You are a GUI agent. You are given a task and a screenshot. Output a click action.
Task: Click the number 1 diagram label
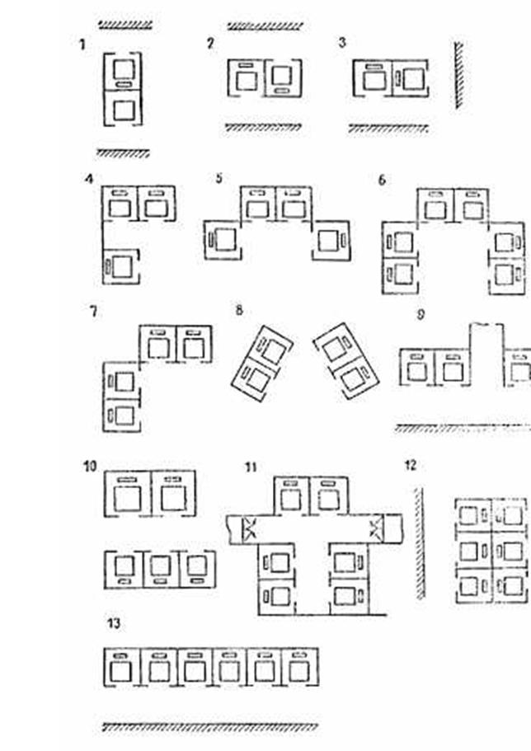pos(82,45)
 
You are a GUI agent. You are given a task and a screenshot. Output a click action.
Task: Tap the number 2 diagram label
pos(210,43)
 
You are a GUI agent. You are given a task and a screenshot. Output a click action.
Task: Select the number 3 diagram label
pos(342,43)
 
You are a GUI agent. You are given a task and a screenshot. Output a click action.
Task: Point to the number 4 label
pos(88,178)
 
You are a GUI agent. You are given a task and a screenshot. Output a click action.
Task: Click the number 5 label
pos(219,178)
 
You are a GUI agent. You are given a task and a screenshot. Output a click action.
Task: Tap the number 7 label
pos(93,312)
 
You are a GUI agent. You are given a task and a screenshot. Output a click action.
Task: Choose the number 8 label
pos(239,311)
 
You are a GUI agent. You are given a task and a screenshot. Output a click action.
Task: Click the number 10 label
pos(90,467)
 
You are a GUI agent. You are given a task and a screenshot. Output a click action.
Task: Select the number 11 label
pos(251,467)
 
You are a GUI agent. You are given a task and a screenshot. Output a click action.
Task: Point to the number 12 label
pos(410,466)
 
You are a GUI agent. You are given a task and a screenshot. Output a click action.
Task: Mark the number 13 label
pos(114,623)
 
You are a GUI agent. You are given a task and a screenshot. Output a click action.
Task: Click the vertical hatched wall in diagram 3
pos(458,77)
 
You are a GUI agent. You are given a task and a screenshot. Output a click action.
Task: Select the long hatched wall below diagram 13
pos(209,727)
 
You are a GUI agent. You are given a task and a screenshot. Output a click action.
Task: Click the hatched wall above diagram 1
pos(124,26)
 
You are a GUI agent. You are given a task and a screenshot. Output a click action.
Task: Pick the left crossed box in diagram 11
pos(248,528)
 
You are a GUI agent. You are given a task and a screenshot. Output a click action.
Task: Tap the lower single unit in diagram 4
pos(122,266)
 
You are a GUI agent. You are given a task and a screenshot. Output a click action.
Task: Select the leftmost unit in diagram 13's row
pos(121,665)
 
